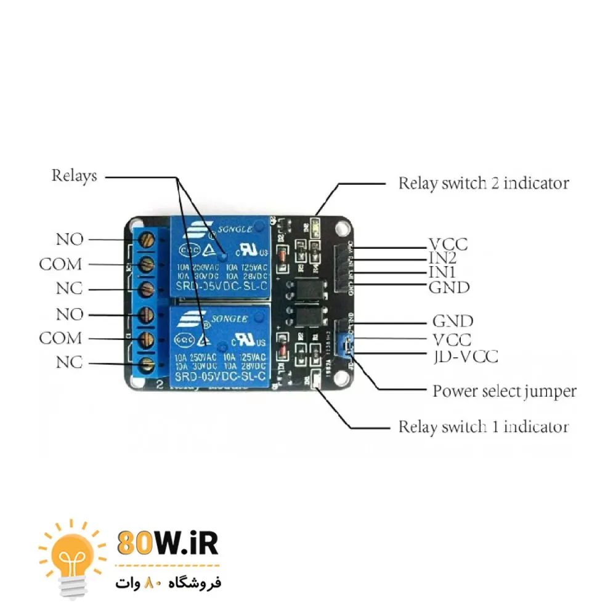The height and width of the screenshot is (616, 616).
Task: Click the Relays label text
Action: [74, 176]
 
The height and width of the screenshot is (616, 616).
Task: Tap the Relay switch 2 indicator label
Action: [483, 183]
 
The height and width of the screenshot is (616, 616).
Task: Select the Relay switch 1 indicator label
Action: [483, 426]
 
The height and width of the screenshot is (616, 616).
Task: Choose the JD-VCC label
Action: [465, 356]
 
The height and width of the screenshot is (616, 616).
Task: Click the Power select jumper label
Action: [504, 391]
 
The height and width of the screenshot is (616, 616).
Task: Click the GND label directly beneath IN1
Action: [448, 287]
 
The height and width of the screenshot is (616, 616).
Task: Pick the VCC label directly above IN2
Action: [448, 244]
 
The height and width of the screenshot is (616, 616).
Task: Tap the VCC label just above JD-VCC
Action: [452, 339]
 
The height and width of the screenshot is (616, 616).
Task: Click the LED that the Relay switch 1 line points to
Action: [315, 383]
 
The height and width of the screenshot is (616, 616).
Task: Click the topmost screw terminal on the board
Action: [147, 239]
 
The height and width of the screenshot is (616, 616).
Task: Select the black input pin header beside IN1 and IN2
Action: [342, 269]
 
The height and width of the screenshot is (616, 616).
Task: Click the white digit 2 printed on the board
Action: [160, 385]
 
